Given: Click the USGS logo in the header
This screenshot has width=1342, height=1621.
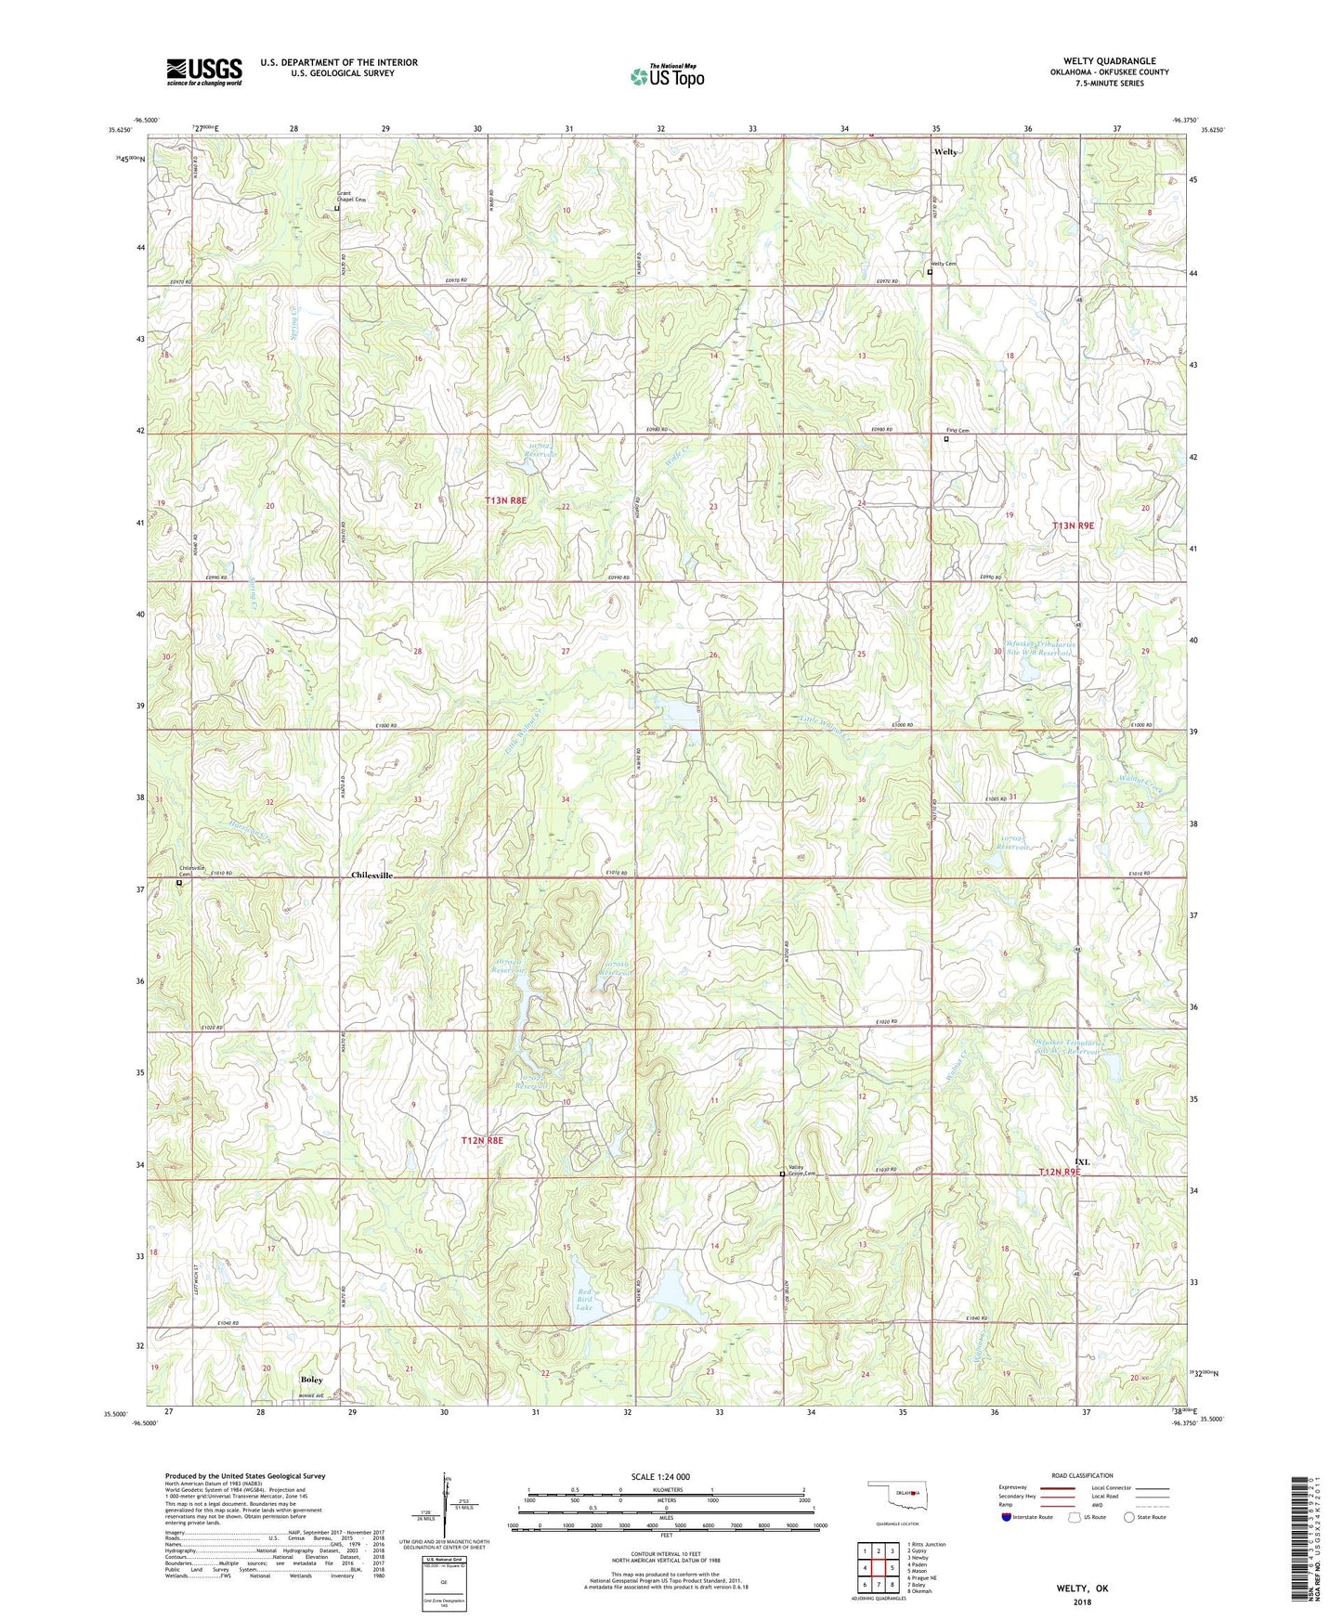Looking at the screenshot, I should coord(204,71).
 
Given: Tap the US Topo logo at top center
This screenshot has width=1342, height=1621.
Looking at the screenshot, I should coord(667,76).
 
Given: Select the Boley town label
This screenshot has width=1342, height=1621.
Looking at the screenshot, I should coord(312,1380).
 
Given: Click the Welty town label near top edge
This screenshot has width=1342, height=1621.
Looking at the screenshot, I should coord(945,151).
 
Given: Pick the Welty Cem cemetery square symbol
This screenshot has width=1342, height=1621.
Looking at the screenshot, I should coord(930,272).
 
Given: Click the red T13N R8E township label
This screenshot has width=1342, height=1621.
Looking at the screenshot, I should coord(506,500).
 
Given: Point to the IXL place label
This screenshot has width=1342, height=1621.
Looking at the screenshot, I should coord(1081,1161).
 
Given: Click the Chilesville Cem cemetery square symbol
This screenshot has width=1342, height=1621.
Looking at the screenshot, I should coord(179,883).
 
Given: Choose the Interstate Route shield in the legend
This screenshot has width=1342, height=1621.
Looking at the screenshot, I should coord(1008,1517).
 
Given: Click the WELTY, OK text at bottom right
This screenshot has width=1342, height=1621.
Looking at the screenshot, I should coord(1082,1589).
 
